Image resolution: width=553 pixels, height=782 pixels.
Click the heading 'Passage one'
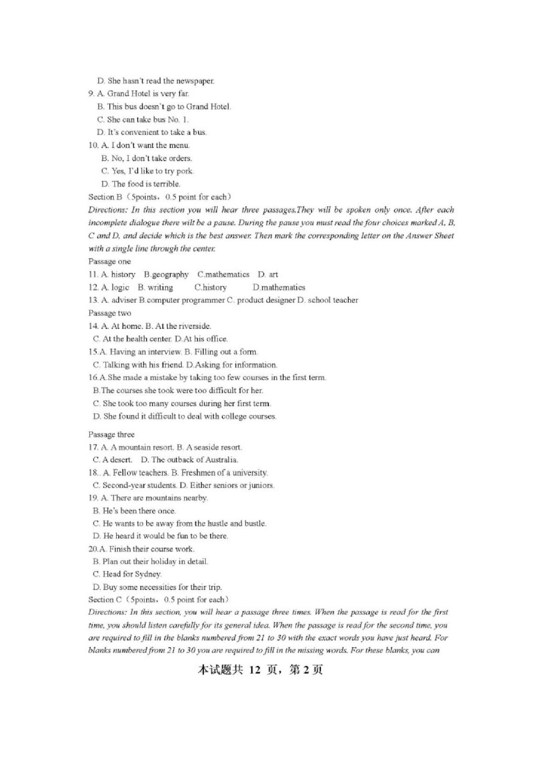pyautogui.click(x=109, y=262)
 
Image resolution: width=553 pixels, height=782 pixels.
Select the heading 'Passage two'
pyautogui.click(x=109, y=313)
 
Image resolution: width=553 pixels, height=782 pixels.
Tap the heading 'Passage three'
pyautogui.click(x=111, y=435)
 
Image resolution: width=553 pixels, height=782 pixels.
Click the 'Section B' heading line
pyautogui.click(x=160, y=197)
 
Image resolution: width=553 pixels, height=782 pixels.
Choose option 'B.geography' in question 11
pyautogui.click(x=166, y=275)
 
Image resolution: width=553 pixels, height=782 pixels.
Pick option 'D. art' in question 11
pyautogui.click(x=268, y=275)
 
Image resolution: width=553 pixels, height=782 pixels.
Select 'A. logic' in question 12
pyautogui.click(x=115, y=287)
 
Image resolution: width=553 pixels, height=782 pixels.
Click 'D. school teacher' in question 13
pyautogui.click(x=328, y=300)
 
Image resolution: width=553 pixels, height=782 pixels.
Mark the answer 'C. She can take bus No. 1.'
pyautogui.click(x=143, y=119)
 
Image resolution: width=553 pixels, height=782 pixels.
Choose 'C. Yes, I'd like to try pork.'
pyautogui.click(x=147, y=171)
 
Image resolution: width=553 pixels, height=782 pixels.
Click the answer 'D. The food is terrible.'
pyautogui.click(x=140, y=184)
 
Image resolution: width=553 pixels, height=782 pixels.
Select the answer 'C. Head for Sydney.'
pyautogui.click(x=127, y=574)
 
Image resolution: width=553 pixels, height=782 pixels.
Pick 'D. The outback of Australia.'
pyautogui.click(x=189, y=460)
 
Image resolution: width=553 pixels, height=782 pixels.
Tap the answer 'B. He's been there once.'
pyautogui.click(x=134, y=511)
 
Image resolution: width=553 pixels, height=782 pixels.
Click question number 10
pyautogui.click(x=93, y=145)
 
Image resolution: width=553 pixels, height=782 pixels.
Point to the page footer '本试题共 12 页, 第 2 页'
pyautogui.click(x=260, y=670)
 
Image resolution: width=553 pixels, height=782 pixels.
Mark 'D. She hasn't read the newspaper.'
pyautogui.click(x=155, y=81)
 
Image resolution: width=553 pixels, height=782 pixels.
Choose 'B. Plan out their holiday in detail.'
pyautogui.click(x=150, y=561)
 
